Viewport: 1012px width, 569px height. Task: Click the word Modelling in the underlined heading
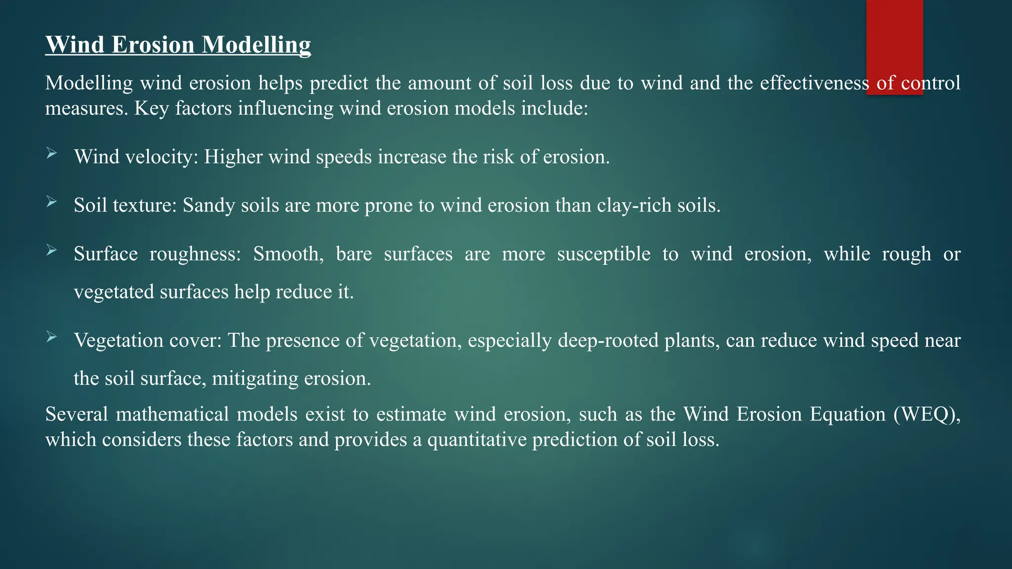pos(256,45)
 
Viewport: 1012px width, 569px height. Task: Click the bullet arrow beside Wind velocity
pos(52,154)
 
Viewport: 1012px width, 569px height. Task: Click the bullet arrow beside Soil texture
pos(52,202)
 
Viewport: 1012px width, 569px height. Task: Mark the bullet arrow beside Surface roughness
pos(52,250)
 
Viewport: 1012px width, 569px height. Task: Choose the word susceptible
pos(604,254)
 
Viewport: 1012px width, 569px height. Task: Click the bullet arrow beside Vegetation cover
pos(52,337)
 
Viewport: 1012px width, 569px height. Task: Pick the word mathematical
pos(172,414)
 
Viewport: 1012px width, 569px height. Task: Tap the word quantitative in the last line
pos(476,440)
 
